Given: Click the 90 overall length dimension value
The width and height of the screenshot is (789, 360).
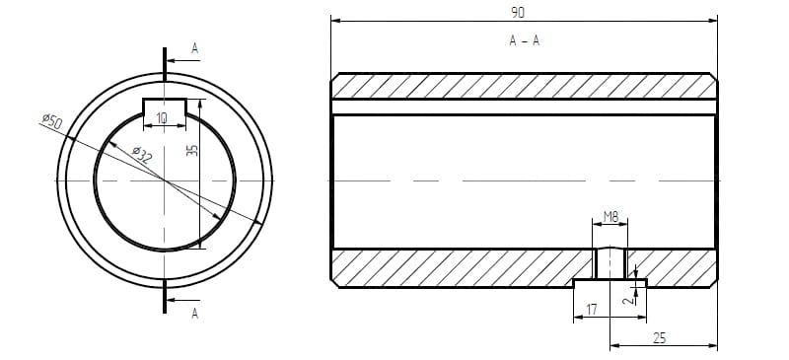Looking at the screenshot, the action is tap(518, 13).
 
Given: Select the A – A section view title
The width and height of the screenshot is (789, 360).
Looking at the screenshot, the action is tap(524, 40).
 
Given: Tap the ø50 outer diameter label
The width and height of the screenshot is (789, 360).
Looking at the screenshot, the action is tap(52, 121).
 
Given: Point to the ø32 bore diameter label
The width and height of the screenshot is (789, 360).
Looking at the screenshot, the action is tap(142, 155).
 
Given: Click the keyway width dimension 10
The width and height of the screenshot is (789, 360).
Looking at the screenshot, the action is tap(162, 118).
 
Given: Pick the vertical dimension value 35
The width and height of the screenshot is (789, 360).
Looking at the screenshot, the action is tap(192, 151).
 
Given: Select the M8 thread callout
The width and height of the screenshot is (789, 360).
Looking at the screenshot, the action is tap(610, 217).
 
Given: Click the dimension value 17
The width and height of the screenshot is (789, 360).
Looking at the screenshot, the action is tap(592, 309).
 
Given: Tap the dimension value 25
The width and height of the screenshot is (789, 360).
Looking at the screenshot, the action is tap(659, 338).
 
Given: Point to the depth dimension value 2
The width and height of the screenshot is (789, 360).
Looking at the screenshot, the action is tap(627, 301).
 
